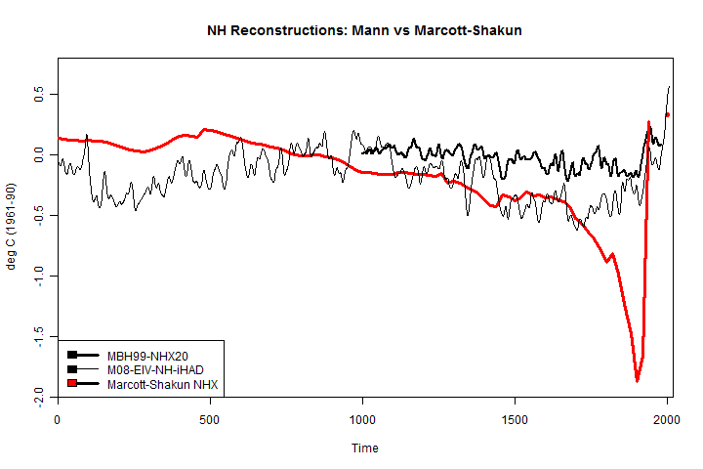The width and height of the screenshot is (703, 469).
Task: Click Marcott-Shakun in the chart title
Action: (x=468, y=30)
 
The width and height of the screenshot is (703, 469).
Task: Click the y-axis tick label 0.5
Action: (x=40, y=95)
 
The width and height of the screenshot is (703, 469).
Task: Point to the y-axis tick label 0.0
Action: (x=40, y=155)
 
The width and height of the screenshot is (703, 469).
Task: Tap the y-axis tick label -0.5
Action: (x=40, y=215)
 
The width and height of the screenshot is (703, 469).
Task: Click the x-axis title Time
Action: (x=365, y=448)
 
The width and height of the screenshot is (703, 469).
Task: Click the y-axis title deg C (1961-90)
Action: (x=13, y=227)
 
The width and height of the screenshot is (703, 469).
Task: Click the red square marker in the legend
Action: (x=72, y=385)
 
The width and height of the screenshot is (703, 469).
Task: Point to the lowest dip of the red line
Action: (x=637, y=380)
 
